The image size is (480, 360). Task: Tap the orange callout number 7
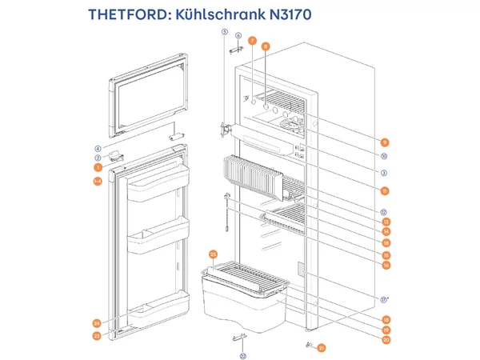tap(251, 40)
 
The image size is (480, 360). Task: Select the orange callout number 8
tap(266, 47)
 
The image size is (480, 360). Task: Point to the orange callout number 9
tap(384, 142)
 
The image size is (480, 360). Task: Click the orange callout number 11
tap(384, 190)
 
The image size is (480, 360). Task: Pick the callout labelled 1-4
tap(97, 182)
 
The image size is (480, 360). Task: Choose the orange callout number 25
tap(213, 254)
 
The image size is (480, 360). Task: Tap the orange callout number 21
tap(321, 347)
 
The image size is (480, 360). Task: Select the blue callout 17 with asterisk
tap(385, 299)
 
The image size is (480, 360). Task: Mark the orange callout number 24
tap(97, 323)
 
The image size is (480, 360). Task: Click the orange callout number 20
tap(385, 340)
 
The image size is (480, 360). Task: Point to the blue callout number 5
tap(225, 32)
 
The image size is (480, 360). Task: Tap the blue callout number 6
tap(238, 36)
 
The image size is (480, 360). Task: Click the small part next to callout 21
tap(308, 345)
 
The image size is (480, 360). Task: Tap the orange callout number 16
tap(385, 265)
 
